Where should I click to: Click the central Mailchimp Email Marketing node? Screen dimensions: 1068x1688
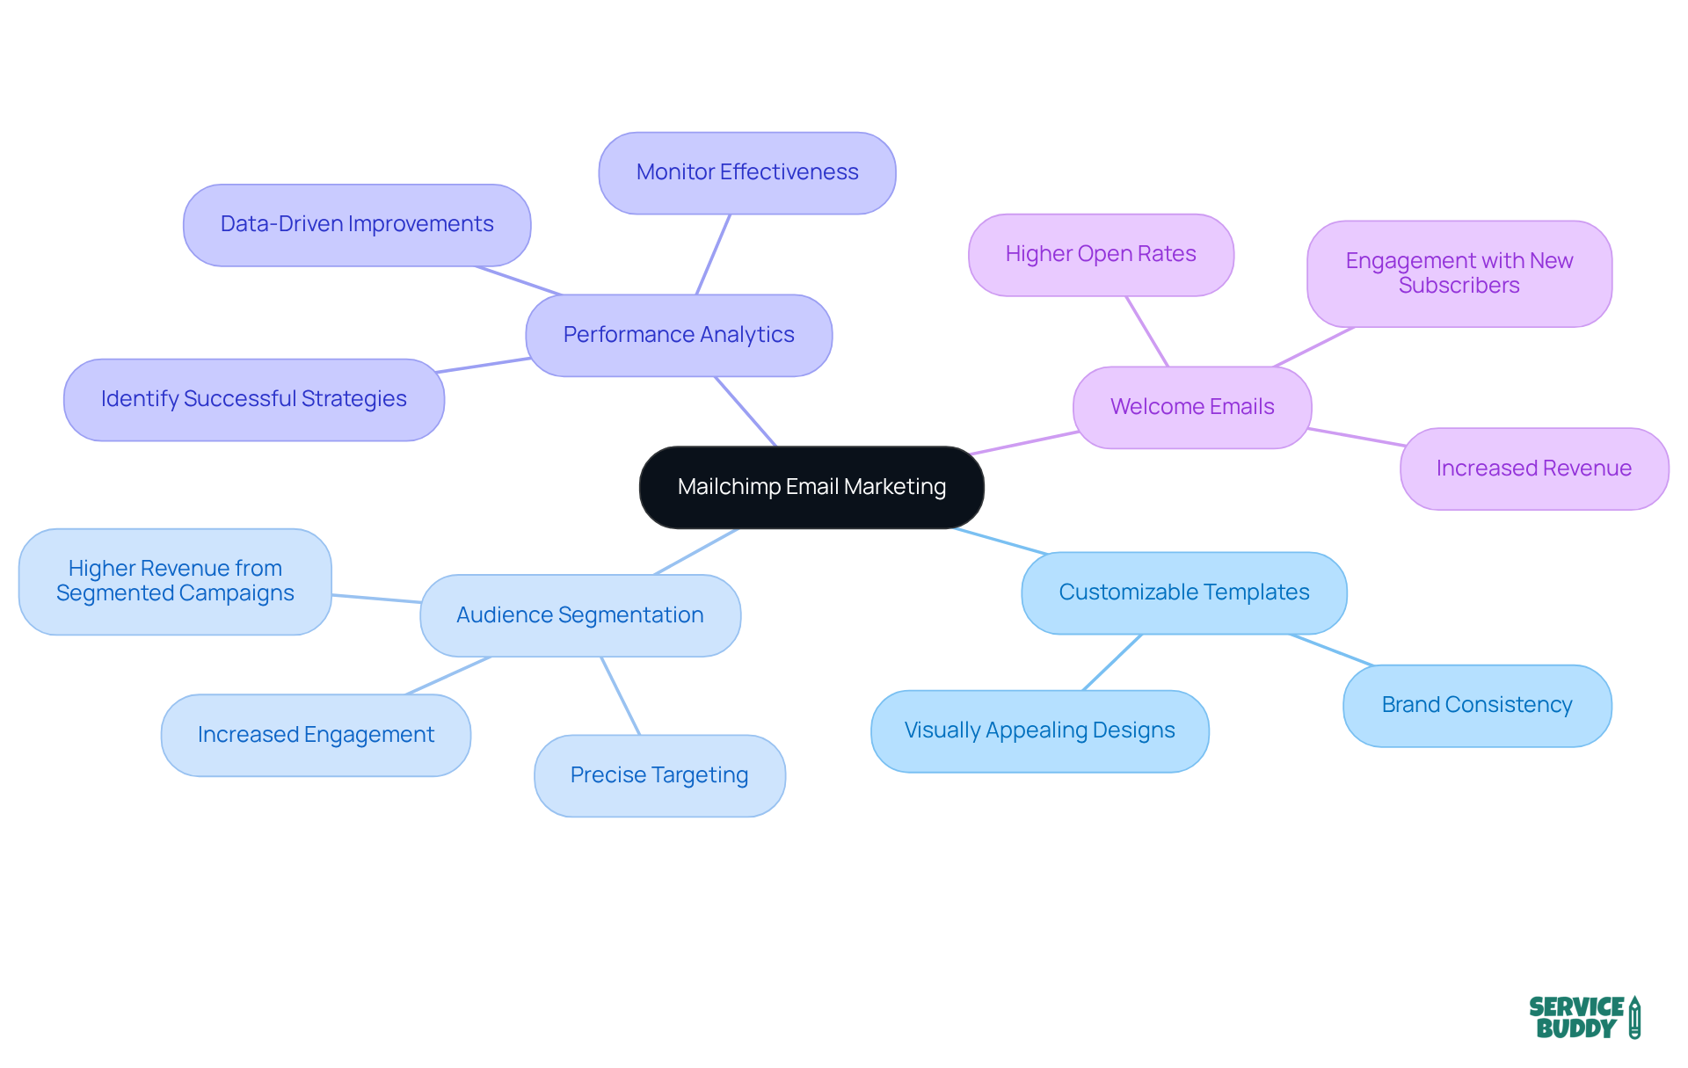[811, 487]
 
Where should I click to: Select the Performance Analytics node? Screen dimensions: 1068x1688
[679, 335]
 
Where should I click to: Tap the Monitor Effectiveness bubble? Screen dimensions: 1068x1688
[747, 172]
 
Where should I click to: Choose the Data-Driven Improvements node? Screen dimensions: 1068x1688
[357, 224]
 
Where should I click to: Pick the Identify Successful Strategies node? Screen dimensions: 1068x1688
[253, 399]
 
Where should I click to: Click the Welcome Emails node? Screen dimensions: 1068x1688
[1192, 407]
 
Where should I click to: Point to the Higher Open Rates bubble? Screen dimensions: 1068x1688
[1101, 254]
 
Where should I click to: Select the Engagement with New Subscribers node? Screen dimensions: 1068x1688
[1459, 273]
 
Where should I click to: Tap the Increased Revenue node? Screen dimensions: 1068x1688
[1533, 469]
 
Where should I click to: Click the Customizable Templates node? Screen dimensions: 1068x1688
[1183, 592]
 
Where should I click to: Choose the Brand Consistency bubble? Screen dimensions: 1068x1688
[1477, 705]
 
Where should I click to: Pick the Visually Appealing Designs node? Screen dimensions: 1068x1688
[1039, 730]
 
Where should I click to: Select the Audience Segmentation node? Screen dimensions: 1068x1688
[580, 615]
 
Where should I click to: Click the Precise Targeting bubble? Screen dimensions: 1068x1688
[659, 775]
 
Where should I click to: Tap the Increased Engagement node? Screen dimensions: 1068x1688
[316, 735]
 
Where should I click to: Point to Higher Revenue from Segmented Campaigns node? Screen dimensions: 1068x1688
[175, 581]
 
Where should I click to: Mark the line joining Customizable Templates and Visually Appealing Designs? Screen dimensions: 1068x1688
[1112, 662]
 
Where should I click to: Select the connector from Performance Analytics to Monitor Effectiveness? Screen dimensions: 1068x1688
[713, 254]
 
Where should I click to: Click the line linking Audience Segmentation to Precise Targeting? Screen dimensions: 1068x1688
[621, 695]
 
